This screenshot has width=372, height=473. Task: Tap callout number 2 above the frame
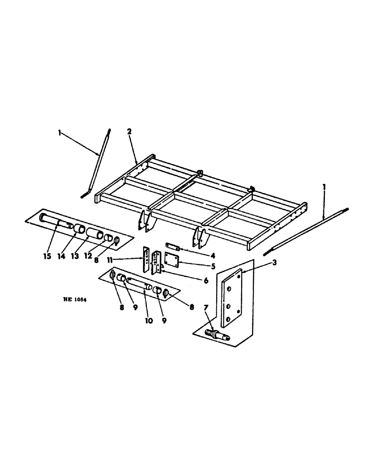(129, 132)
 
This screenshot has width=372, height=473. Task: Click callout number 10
(148, 321)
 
